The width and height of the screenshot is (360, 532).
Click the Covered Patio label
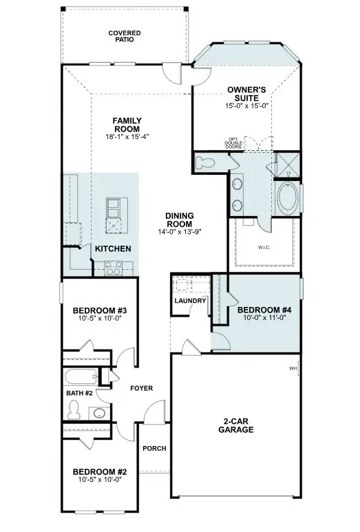(125, 36)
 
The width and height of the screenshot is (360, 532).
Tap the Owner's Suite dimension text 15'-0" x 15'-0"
(246, 105)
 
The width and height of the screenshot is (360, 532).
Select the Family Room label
(127, 125)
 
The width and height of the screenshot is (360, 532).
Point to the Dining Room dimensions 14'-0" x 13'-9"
(180, 232)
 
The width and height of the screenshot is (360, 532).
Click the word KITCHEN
(113, 248)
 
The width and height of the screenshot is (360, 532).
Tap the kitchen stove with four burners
(114, 268)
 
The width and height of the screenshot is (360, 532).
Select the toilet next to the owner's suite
(205, 162)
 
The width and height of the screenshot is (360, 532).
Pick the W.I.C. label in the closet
(264, 247)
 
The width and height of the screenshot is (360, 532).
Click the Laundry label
(191, 301)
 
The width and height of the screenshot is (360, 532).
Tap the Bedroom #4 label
(264, 310)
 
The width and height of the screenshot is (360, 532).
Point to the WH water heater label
(293, 368)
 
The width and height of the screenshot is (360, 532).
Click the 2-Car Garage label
(236, 425)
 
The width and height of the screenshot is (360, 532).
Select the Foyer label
(142, 388)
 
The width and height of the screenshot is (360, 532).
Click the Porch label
(154, 449)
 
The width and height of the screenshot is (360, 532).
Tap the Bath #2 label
(79, 393)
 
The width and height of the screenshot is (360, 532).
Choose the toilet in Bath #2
(73, 409)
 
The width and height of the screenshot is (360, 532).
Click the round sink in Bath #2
(99, 413)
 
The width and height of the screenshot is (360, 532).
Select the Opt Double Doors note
(233, 143)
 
